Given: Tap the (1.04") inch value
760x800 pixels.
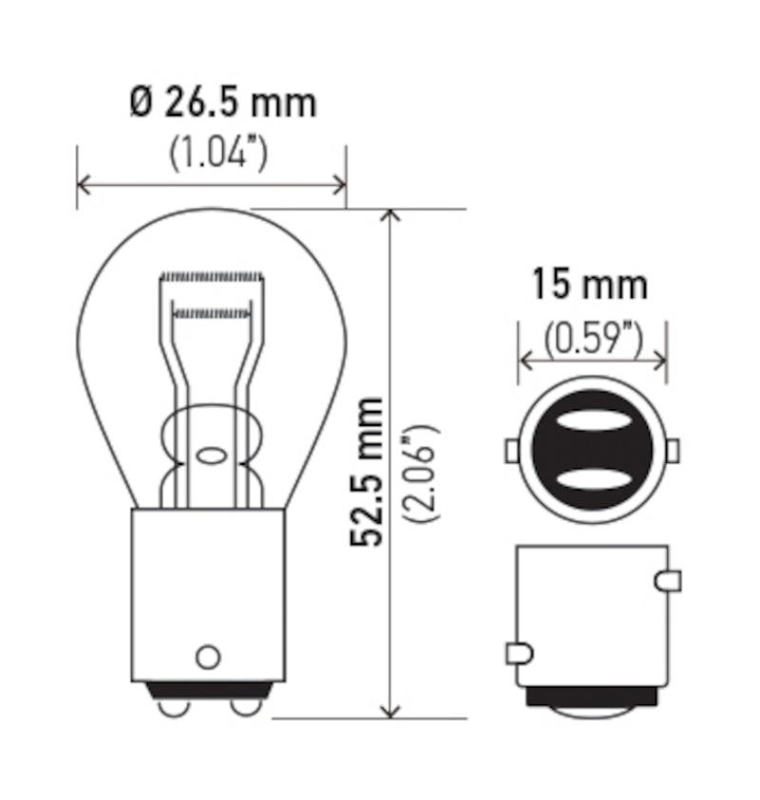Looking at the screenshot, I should pos(218,153).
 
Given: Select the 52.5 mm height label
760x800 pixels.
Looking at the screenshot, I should pos(367,470).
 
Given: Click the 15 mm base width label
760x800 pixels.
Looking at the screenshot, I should pos(589,285).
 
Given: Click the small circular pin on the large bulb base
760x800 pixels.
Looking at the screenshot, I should pos(207,656).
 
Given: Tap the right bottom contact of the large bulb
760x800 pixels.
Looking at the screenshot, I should pos(244,706).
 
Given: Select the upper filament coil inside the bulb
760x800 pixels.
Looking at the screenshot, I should pos(211,277).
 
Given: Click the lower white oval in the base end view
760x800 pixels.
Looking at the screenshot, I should pos(592,477).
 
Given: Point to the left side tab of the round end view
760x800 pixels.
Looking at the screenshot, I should pos(511,449).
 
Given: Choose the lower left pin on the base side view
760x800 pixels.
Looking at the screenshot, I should pos(519,653).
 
